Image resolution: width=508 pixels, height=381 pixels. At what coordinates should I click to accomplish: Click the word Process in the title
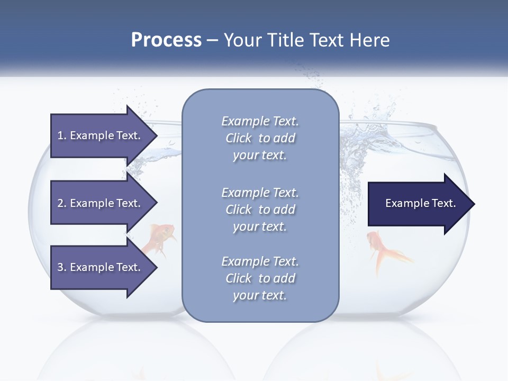pos(166,40)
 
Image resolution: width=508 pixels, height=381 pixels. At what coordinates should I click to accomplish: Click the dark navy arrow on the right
pos(418,204)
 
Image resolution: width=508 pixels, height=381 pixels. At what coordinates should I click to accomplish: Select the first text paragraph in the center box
pos(260,138)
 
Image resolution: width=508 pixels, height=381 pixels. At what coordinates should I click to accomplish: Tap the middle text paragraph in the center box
pos(260,209)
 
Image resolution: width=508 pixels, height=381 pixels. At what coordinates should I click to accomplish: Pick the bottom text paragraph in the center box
pos(260,278)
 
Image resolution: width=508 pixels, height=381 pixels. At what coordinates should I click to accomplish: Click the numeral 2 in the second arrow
pos(60,203)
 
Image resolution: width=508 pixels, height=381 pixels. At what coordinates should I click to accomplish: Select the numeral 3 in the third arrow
pos(60,267)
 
